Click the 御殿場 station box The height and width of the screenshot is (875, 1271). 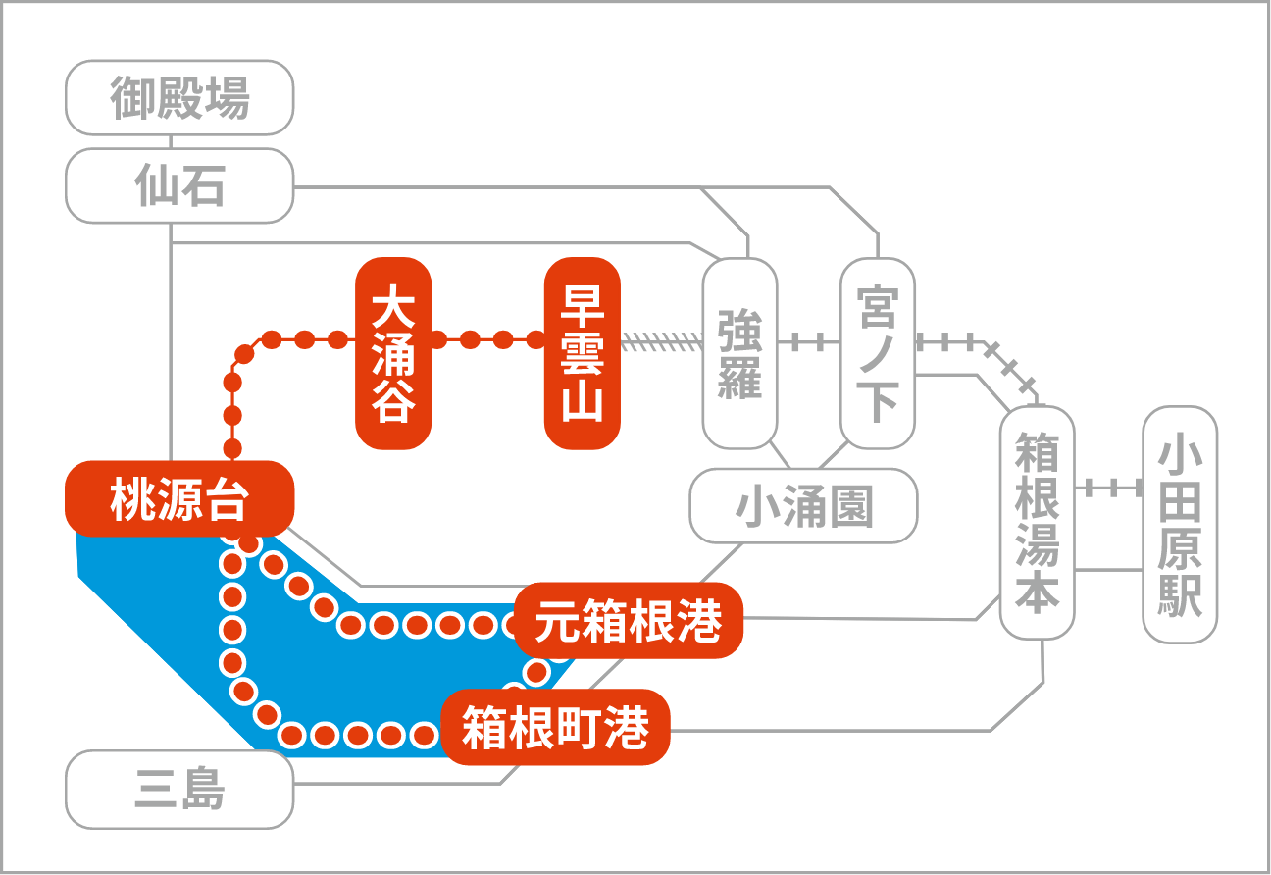click(x=179, y=98)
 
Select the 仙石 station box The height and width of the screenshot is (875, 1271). click(x=179, y=185)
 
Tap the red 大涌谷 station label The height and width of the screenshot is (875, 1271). click(x=393, y=353)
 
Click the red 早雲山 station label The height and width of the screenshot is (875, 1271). click(x=583, y=353)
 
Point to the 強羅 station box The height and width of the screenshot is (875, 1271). click(x=739, y=353)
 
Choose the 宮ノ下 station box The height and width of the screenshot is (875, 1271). click(x=878, y=353)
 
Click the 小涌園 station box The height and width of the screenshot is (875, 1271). click(x=804, y=506)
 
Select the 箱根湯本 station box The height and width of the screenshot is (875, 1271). click(x=1037, y=522)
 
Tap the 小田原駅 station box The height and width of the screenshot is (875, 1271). click(x=1180, y=525)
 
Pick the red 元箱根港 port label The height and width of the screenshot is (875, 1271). click(x=628, y=622)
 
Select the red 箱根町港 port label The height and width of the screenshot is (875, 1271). click(x=555, y=727)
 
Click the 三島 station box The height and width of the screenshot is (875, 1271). click(x=179, y=789)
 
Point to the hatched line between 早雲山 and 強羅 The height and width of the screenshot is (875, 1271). click(x=662, y=341)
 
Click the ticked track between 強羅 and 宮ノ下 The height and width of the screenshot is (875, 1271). click(x=809, y=342)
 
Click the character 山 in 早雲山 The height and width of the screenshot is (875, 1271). click(x=583, y=403)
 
